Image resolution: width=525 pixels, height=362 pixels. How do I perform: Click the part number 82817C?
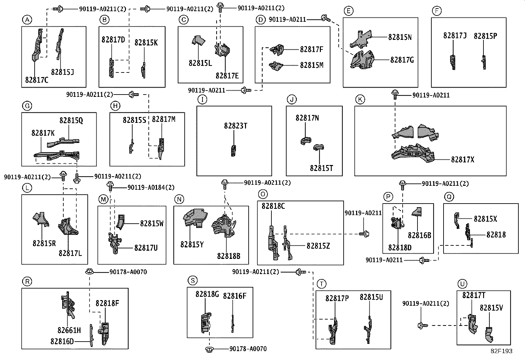(37, 80)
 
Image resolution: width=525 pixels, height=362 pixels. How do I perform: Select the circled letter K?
(360, 99)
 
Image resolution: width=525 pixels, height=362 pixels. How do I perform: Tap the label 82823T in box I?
(235, 126)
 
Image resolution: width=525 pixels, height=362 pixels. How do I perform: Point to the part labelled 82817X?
(413, 154)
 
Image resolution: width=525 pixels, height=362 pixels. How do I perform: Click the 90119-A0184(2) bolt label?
(151, 187)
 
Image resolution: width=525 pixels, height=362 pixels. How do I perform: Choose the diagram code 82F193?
(502, 351)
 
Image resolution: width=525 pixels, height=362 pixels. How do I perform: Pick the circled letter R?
(27, 281)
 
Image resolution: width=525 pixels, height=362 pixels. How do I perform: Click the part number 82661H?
(69, 330)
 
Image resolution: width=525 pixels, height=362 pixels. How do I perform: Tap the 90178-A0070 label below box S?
(248, 349)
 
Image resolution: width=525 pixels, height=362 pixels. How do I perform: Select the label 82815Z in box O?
(318, 246)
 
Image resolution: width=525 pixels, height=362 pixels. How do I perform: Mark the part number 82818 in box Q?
(496, 235)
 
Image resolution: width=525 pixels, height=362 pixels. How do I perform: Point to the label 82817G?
(402, 60)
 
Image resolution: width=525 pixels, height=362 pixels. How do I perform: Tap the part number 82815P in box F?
(485, 36)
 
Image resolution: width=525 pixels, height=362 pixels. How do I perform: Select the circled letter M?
(103, 200)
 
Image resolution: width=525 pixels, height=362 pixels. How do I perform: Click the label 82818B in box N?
(229, 256)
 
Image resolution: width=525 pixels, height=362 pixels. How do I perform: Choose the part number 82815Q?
(71, 120)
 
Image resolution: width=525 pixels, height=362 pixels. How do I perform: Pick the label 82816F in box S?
(234, 296)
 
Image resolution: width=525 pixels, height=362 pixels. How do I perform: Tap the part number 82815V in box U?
(491, 308)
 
